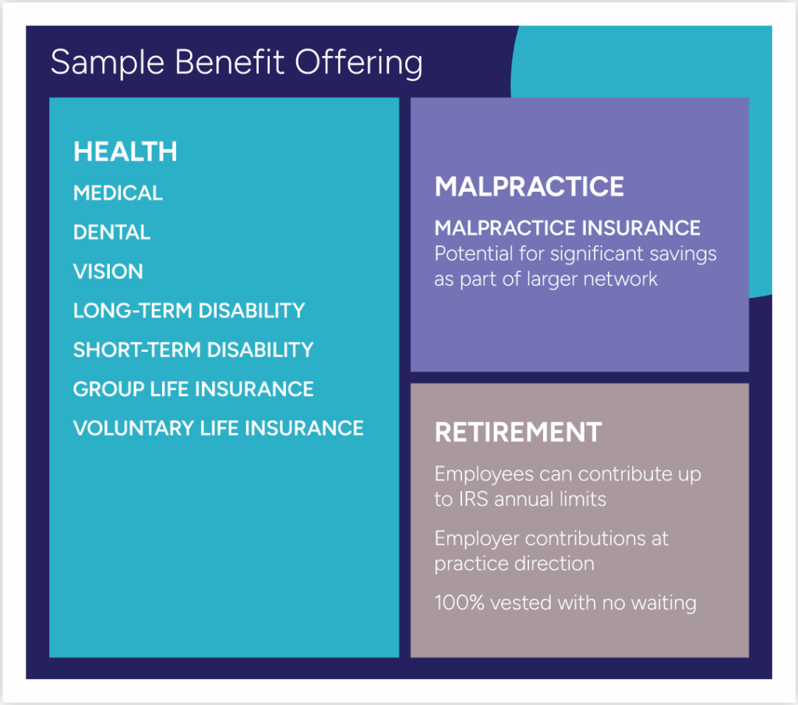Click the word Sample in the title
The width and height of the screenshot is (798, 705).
pyautogui.click(x=108, y=63)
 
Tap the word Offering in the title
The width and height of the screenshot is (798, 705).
pyautogui.click(x=358, y=63)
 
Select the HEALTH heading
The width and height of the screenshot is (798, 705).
pyautogui.click(x=125, y=151)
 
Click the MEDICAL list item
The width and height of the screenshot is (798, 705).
pyautogui.click(x=118, y=193)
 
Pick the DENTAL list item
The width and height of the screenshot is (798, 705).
pyautogui.click(x=111, y=232)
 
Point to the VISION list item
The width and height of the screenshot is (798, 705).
pyautogui.click(x=108, y=271)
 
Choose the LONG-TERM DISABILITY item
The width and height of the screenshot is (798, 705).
pyautogui.click(x=189, y=310)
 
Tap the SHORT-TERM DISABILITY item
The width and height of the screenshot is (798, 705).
pyautogui.click(x=193, y=350)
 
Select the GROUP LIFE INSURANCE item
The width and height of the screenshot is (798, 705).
pyautogui.click(x=193, y=389)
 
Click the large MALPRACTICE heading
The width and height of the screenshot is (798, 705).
pyautogui.click(x=529, y=186)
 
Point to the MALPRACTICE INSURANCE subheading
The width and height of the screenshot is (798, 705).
pyautogui.click(x=567, y=229)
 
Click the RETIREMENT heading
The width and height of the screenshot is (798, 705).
pyautogui.click(x=518, y=433)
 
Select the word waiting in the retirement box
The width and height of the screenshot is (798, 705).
pyautogui.click(x=664, y=604)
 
